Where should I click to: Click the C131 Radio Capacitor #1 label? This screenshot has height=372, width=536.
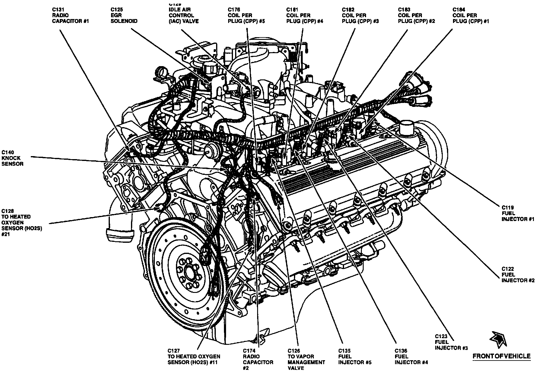click(70, 15)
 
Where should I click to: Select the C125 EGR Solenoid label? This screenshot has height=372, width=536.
click(124, 15)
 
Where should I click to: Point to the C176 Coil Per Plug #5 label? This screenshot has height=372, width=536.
click(246, 15)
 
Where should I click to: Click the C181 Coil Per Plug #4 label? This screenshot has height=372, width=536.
click(305, 15)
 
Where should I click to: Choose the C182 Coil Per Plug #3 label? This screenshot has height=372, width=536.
click(360, 15)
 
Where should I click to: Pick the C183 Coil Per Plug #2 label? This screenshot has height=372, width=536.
click(416, 15)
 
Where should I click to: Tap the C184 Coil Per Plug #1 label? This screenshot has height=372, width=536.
click(471, 15)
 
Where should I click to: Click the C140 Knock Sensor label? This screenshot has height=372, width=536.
click(12, 158)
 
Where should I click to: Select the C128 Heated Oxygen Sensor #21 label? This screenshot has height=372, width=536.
click(21, 223)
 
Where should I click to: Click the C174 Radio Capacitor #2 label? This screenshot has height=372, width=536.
click(258, 359)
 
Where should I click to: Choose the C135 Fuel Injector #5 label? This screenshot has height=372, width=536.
click(355, 357)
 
